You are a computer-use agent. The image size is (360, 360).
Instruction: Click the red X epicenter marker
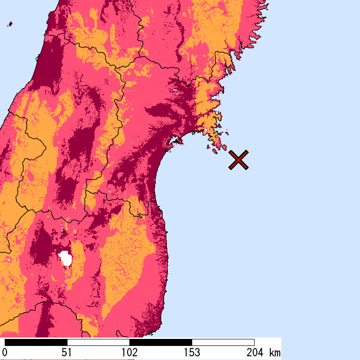coord(239,160)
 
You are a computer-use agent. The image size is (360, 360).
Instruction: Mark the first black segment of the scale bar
coord(36,342)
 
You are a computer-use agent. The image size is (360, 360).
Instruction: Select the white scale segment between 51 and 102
coord(98,342)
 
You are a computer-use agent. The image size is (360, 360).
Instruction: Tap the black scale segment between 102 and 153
coord(160,342)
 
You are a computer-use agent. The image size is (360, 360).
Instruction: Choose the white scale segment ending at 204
coord(223,342)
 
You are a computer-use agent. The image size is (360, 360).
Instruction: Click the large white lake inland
coord(65,258)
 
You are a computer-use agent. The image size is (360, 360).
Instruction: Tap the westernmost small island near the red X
coord(209,148)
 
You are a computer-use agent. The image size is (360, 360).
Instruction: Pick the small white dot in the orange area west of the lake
coord(8,259)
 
